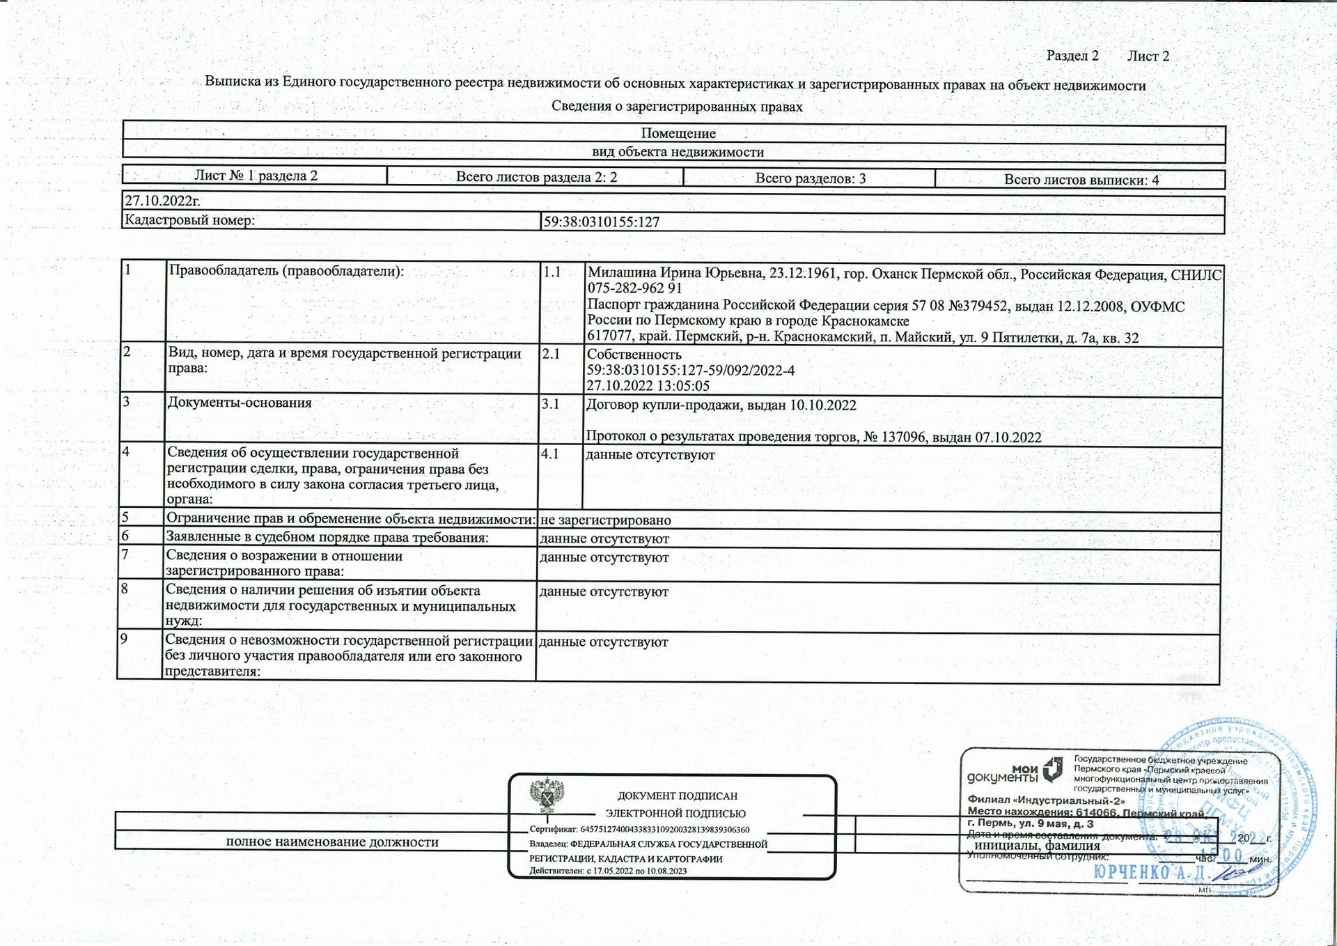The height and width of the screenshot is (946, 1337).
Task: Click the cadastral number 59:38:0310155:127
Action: [x=601, y=222]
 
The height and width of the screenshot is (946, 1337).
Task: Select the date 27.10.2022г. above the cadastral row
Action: [x=162, y=201]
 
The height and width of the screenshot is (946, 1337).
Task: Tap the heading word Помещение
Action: [x=678, y=133]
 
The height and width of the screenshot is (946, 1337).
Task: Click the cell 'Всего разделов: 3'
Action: [x=810, y=178]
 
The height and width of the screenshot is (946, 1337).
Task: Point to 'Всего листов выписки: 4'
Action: [x=1081, y=180]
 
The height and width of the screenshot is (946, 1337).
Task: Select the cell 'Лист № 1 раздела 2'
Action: [x=256, y=176]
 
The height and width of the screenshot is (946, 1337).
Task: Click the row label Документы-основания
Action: [x=240, y=403]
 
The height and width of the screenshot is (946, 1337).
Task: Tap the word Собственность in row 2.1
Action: [x=634, y=355]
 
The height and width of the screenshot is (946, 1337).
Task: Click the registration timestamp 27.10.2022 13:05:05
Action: [x=648, y=386]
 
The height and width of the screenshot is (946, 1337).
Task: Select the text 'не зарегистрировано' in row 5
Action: [x=605, y=520]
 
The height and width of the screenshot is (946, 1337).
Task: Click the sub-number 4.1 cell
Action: [x=550, y=454]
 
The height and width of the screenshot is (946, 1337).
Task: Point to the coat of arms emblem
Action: [x=547, y=796]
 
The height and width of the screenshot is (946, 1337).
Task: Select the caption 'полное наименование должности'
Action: [x=332, y=842]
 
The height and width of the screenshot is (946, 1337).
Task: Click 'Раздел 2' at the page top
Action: [x=1072, y=56]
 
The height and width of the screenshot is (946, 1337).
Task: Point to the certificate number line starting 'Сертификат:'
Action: [x=639, y=830]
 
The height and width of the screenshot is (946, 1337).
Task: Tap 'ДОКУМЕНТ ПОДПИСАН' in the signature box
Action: [x=677, y=796]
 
